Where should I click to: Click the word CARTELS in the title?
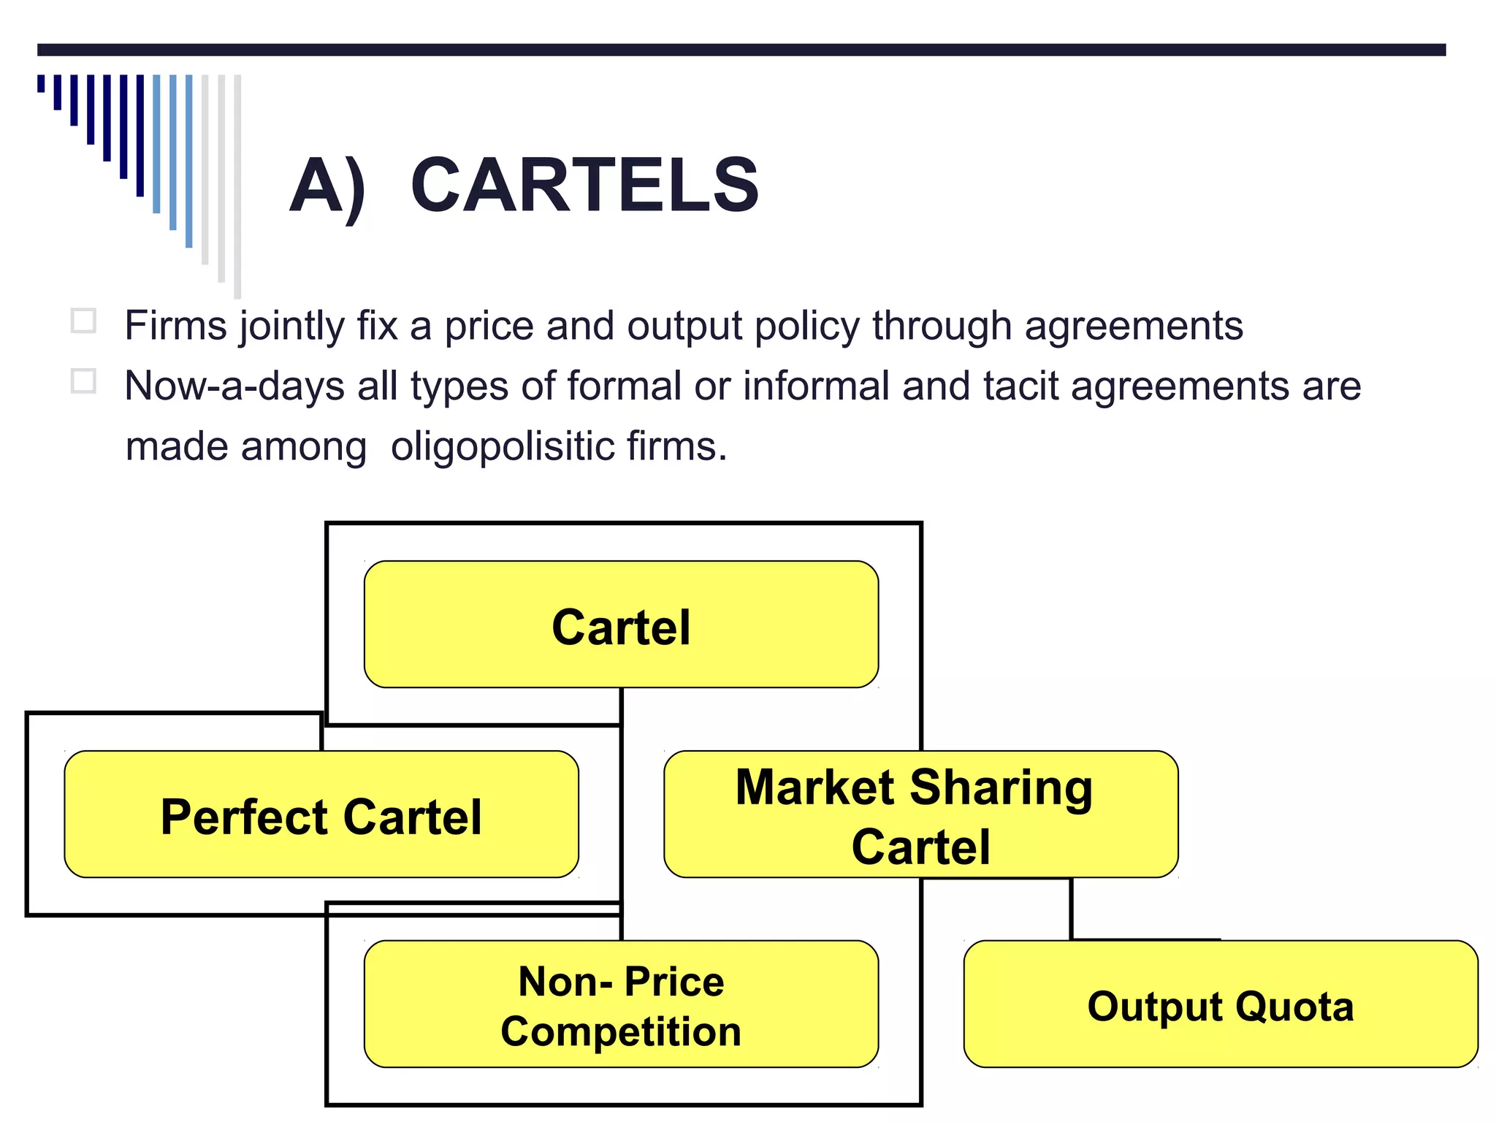point(584,186)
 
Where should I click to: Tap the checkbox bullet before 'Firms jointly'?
point(83,321)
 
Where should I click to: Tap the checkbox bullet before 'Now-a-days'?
point(83,381)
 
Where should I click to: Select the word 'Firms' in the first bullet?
point(175,326)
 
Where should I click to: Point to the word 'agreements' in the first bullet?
point(1133,327)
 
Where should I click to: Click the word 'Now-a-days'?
point(234,386)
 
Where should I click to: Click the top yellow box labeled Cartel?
point(621,625)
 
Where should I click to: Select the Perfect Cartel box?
point(321,814)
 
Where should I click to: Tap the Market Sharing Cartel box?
point(920,814)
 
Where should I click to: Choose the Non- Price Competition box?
point(621,1004)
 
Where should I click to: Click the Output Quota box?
point(1220,1004)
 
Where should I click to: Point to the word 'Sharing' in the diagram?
point(1001,789)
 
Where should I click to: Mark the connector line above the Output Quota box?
point(1071,909)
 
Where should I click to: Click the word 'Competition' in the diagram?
point(621,1031)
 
